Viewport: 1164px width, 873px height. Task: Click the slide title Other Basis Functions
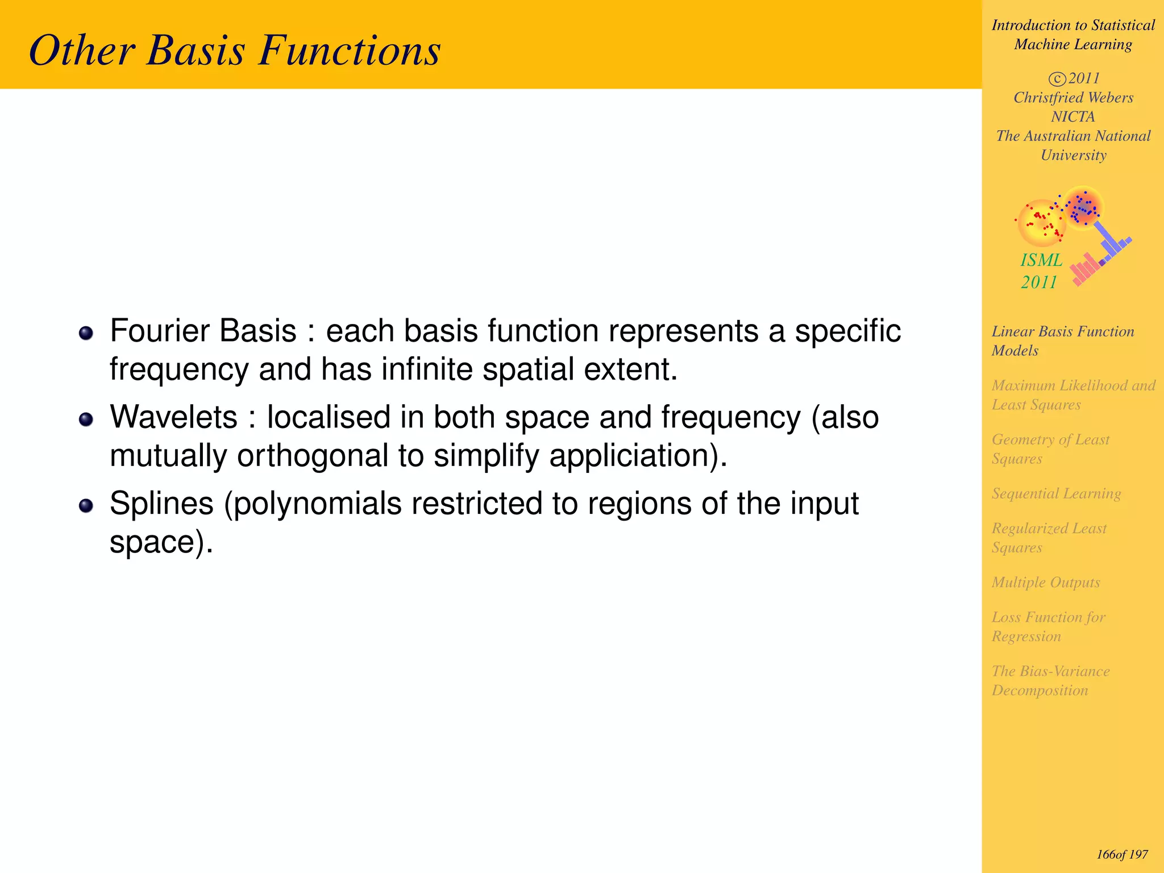(x=235, y=51)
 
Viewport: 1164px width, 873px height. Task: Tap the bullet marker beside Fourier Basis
(x=86, y=333)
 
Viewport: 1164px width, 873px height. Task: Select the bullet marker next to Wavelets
(x=86, y=419)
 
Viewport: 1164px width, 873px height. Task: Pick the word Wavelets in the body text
(x=173, y=417)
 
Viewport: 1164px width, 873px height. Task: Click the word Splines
(x=161, y=504)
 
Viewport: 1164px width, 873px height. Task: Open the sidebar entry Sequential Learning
(x=1056, y=493)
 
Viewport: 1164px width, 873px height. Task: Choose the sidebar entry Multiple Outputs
(x=1046, y=583)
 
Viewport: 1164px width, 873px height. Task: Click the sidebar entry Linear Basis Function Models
(x=1062, y=340)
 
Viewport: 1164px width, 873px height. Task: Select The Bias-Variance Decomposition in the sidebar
(x=1050, y=680)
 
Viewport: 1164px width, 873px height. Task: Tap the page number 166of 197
(x=1122, y=854)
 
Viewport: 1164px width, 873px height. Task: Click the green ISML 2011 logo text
(x=1041, y=271)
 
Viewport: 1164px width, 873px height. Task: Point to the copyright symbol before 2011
(x=1057, y=79)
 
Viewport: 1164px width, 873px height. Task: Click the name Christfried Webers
(x=1073, y=98)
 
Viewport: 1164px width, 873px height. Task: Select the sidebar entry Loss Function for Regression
(x=1048, y=626)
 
